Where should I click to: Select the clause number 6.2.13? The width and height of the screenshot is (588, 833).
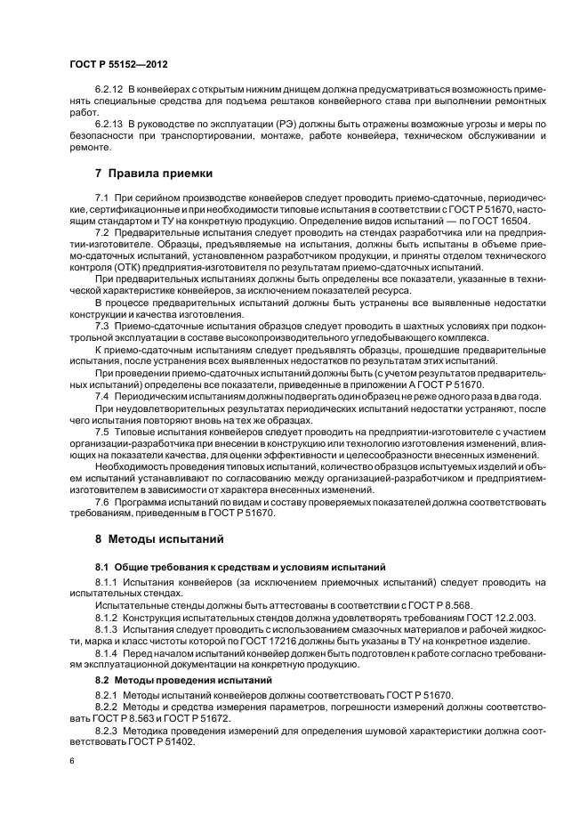pyautogui.click(x=109, y=122)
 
